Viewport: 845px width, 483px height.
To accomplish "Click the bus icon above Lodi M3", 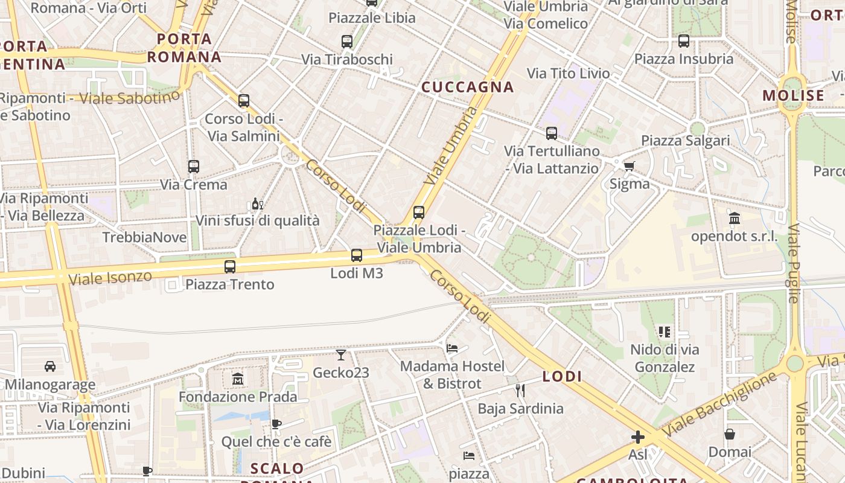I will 357,255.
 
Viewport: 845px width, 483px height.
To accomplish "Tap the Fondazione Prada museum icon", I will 238,379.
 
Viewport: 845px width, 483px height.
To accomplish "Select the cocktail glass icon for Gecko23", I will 341,355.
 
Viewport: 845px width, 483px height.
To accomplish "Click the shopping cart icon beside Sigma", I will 629,166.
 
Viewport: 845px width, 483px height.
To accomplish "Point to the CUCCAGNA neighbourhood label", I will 468,87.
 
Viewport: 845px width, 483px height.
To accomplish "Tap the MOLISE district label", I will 793,95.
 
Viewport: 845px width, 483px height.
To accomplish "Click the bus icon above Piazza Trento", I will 230,266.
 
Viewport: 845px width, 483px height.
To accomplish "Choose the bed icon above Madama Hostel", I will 452,348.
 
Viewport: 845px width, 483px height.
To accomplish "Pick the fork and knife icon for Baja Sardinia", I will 520,391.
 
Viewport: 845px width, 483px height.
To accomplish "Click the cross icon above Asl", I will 638,437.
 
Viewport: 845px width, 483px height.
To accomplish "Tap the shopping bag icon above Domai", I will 730,434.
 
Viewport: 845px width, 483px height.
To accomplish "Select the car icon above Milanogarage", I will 50,366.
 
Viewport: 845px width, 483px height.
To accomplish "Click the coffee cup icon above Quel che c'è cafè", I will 276,424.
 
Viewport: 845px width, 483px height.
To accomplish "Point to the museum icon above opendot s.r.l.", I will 735,218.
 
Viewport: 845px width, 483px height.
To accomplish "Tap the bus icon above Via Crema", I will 194,166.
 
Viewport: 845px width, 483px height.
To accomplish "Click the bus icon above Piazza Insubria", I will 684,41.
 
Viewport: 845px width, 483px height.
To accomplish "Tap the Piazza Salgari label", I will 686,141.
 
